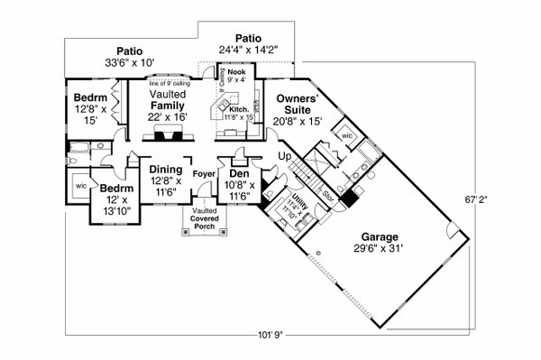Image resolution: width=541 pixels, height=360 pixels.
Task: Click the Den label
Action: click(239, 173)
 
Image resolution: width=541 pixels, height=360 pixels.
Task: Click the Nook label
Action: click(236, 71)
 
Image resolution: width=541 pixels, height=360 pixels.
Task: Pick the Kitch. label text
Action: click(238, 108)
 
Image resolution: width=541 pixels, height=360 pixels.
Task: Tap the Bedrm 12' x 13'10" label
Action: click(113, 175)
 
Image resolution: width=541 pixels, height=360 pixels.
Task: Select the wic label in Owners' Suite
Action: click(346, 135)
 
